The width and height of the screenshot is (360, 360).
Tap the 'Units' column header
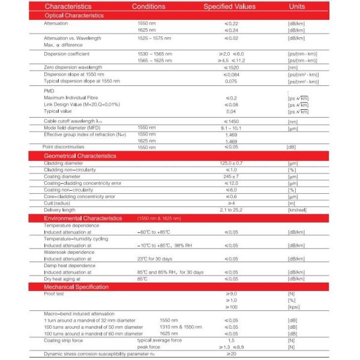click(296, 7)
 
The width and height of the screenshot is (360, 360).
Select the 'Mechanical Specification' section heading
click(76, 287)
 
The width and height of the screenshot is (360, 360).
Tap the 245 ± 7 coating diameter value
click(231, 176)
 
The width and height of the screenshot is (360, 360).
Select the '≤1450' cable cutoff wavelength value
click(231, 121)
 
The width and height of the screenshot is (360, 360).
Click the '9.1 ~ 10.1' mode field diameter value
click(231, 128)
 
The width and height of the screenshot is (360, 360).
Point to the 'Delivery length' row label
click(61, 210)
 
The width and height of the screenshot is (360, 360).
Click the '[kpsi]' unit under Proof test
click(294, 307)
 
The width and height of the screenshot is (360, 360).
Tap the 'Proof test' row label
click(56, 294)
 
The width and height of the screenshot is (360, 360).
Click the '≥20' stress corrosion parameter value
click(231, 354)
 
